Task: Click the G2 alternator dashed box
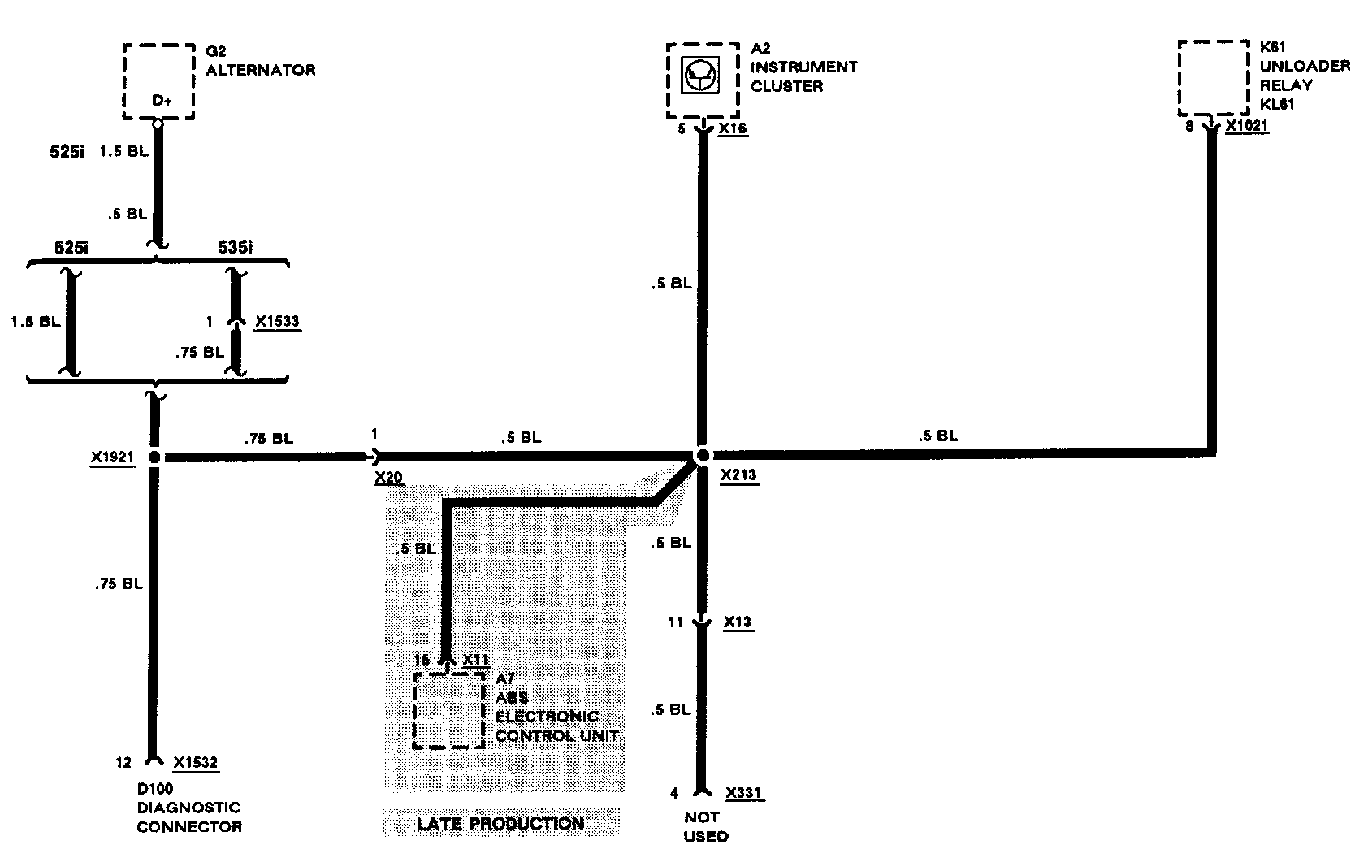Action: (x=158, y=81)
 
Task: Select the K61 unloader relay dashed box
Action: (x=1214, y=78)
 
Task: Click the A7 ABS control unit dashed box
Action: (x=448, y=710)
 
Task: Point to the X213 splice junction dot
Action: (x=703, y=456)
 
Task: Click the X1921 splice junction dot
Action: (x=154, y=457)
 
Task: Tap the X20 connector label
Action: (x=389, y=477)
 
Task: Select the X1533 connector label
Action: (x=277, y=322)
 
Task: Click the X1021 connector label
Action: (x=1247, y=126)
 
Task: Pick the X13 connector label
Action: (x=738, y=622)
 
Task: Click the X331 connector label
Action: (x=744, y=793)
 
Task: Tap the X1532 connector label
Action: (x=196, y=763)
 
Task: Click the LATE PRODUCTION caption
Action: (x=500, y=823)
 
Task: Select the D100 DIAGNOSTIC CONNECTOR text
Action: (x=188, y=808)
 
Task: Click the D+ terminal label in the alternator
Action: (x=162, y=102)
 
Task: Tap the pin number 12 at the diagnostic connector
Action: (x=123, y=763)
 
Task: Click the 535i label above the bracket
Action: (x=235, y=246)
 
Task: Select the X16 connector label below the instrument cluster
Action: (x=733, y=128)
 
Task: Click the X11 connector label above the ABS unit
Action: (x=475, y=660)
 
